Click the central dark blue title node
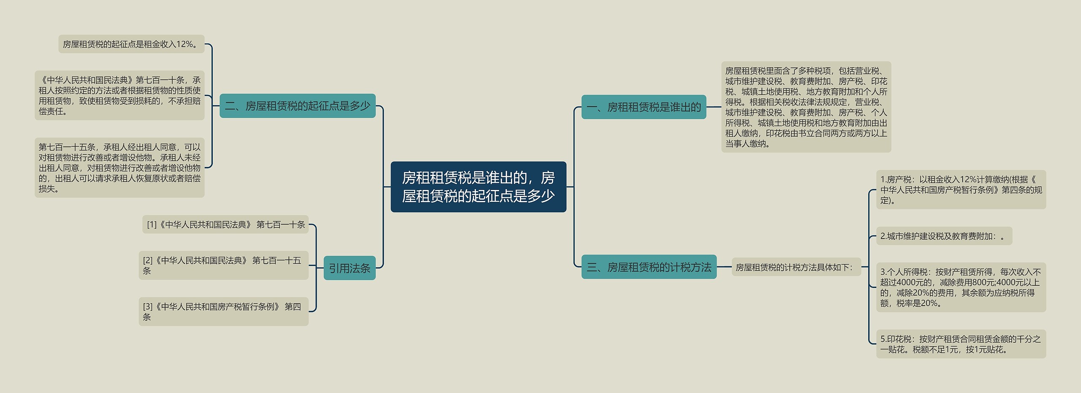tap(478, 187)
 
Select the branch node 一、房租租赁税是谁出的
tap(644, 107)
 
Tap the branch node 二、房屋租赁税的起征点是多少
tap(297, 106)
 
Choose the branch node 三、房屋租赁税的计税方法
tap(649, 267)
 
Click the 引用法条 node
tap(349, 268)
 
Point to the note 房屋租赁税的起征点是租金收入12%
tap(131, 44)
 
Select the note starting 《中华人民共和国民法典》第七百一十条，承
tap(120, 95)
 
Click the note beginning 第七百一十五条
tap(120, 168)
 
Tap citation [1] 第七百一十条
tap(225, 225)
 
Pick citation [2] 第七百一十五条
tap(223, 265)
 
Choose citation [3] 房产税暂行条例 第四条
tap(223, 312)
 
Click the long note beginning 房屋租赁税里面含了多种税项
tap(806, 107)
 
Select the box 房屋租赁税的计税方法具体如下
tap(796, 267)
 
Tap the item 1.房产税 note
tap(961, 190)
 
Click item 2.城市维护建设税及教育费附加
tap(944, 236)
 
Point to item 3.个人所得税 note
tap(961, 287)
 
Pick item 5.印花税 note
tap(961, 344)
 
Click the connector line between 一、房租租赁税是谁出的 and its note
tap(714, 107)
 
